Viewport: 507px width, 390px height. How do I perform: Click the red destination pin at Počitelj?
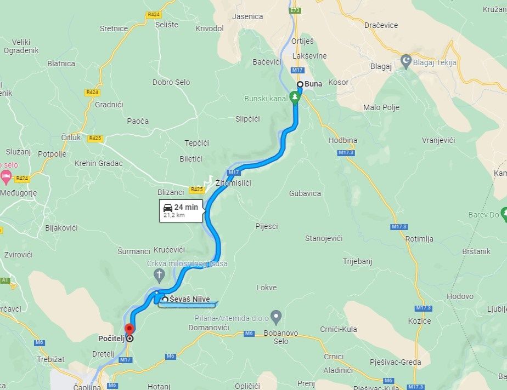click(x=129, y=329)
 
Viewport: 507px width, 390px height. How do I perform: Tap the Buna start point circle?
click(x=300, y=84)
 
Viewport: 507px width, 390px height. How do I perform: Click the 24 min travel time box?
click(x=181, y=210)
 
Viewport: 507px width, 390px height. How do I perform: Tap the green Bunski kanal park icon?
click(x=295, y=98)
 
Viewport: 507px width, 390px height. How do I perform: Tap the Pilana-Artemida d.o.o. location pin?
click(x=277, y=316)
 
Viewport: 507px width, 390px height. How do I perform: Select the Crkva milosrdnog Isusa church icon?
click(x=160, y=274)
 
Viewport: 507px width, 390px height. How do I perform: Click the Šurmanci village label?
click(x=134, y=251)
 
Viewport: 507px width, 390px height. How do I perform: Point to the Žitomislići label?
click(x=233, y=183)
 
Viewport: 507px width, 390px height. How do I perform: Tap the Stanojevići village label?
click(x=324, y=238)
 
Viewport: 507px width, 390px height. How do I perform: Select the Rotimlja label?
click(x=419, y=239)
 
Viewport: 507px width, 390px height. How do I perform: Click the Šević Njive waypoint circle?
click(x=165, y=299)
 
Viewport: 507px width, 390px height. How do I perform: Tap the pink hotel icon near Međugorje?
click(x=5, y=177)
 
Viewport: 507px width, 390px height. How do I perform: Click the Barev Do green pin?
click(x=504, y=215)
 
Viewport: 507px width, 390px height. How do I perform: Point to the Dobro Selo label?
click(x=171, y=82)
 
